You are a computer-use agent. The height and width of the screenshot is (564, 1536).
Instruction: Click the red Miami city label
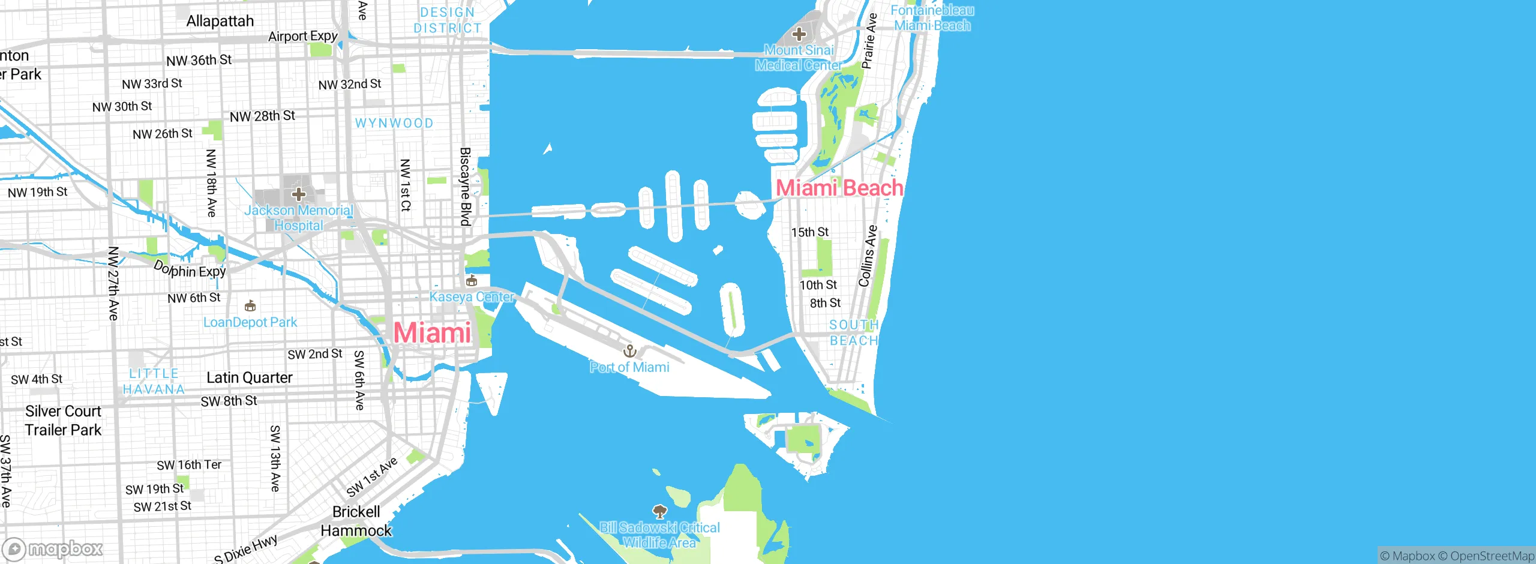tap(432, 333)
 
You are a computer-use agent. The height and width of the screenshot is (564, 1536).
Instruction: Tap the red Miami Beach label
tap(839, 188)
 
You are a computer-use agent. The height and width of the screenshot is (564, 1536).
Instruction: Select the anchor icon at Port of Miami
tap(629, 350)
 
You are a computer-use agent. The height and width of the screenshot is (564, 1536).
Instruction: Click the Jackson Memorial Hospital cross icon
tap(298, 194)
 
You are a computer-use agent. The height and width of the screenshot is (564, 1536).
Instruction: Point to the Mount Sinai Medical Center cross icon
tap(799, 34)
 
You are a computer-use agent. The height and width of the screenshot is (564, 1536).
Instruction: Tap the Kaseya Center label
tap(472, 297)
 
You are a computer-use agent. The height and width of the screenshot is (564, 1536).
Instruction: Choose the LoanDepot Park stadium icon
tap(250, 307)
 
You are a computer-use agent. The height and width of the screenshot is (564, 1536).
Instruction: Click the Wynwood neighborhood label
tap(394, 123)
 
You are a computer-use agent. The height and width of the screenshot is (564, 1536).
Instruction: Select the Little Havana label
tap(154, 382)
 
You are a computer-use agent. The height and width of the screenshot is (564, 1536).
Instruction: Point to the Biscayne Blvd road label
tap(466, 187)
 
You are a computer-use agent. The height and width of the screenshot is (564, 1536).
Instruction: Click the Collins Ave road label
tap(868, 256)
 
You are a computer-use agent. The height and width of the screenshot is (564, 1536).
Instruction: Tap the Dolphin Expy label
tap(190, 269)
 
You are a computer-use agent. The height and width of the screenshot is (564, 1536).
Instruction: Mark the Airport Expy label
tap(303, 37)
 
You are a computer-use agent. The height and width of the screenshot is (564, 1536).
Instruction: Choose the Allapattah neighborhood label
tap(220, 21)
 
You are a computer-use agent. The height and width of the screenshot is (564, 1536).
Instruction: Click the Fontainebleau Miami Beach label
tap(932, 18)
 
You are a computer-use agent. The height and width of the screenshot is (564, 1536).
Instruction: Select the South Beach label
tap(854, 332)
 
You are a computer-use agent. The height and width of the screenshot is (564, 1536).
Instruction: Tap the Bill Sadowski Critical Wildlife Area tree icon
tap(659, 512)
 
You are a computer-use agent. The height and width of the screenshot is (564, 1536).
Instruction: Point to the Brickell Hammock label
tap(356, 521)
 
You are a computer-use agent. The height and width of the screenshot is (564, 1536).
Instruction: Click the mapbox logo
tap(53, 549)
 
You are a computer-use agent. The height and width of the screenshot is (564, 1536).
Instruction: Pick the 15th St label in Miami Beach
tap(809, 232)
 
